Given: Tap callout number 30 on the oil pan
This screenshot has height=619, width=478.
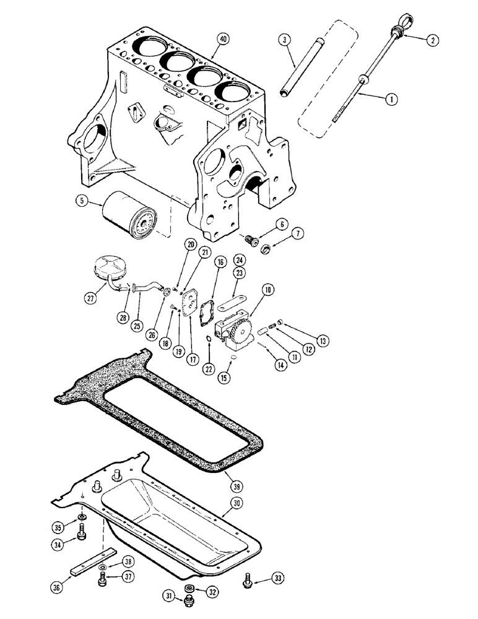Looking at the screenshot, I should pos(235,503).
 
